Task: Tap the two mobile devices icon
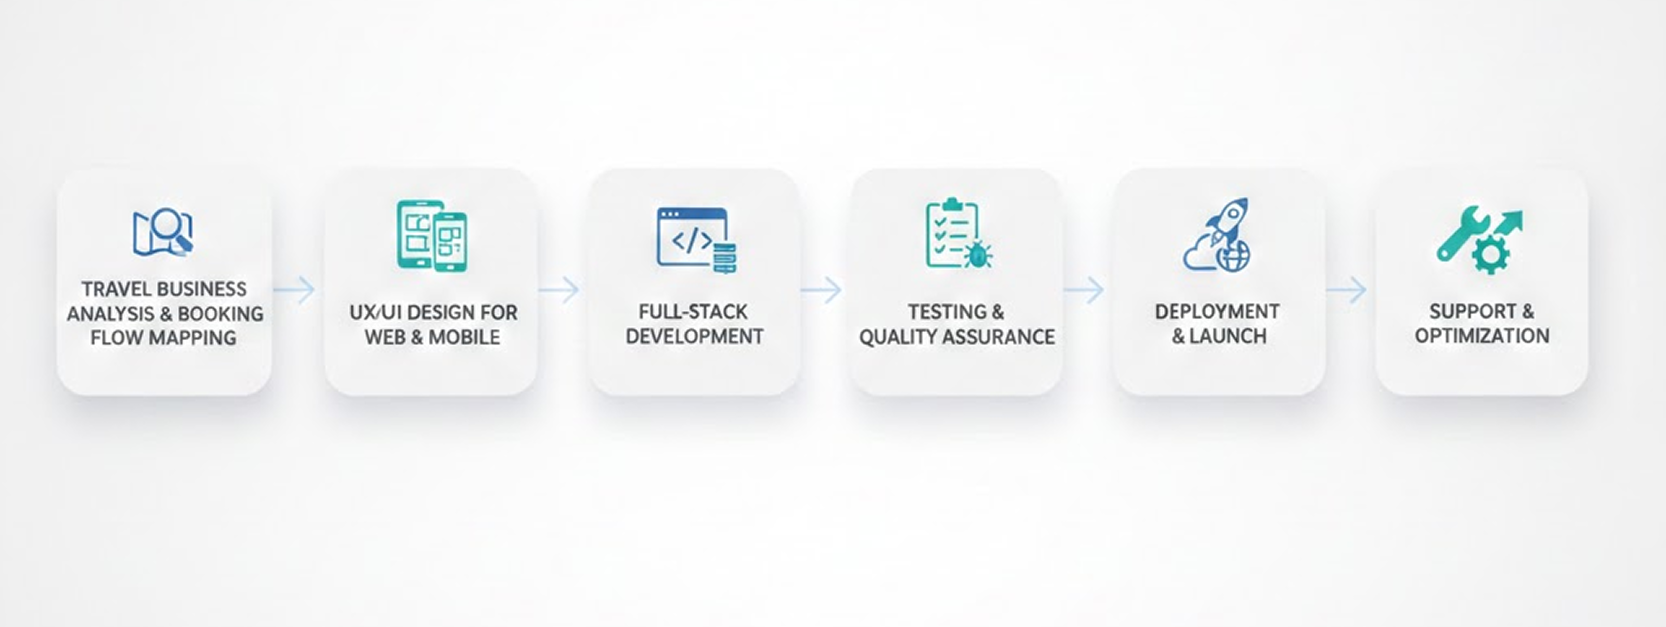(x=431, y=235)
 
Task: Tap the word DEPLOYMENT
(x=1216, y=312)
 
